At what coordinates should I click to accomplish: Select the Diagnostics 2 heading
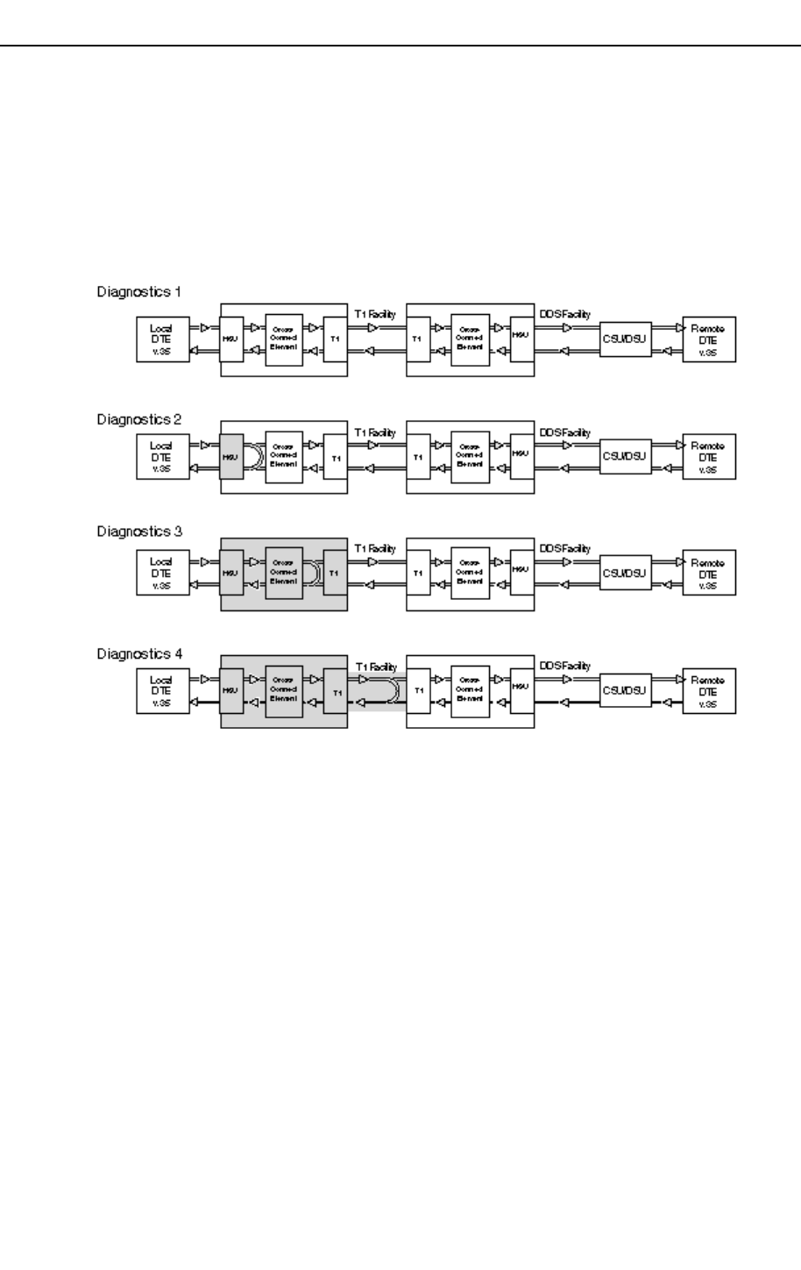pos(138,419)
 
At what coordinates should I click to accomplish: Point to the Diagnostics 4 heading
pos(138,653)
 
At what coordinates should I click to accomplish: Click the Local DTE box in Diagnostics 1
pos(162,339)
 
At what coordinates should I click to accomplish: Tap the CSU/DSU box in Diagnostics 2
pos(627,455)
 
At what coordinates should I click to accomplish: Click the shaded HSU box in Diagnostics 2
pos(231,456)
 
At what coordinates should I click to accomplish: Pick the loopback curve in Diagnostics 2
pos(253,456)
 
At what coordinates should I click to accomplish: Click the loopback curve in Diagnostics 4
pos(393,691)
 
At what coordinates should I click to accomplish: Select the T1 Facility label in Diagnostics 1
pos(375,313)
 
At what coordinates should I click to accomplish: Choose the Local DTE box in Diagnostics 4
pos(162,691)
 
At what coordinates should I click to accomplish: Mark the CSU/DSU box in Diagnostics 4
pos(627,691)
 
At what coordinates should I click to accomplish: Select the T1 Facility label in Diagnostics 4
pos(375,667)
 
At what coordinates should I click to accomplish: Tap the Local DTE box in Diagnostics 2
pos(162,456)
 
